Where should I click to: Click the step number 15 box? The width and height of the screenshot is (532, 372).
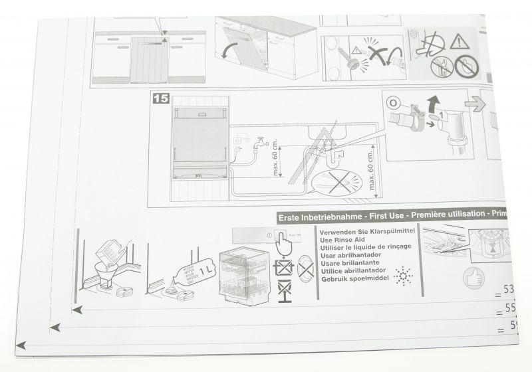[161, 98]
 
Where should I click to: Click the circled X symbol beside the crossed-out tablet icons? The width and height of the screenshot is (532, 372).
[307, 269]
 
